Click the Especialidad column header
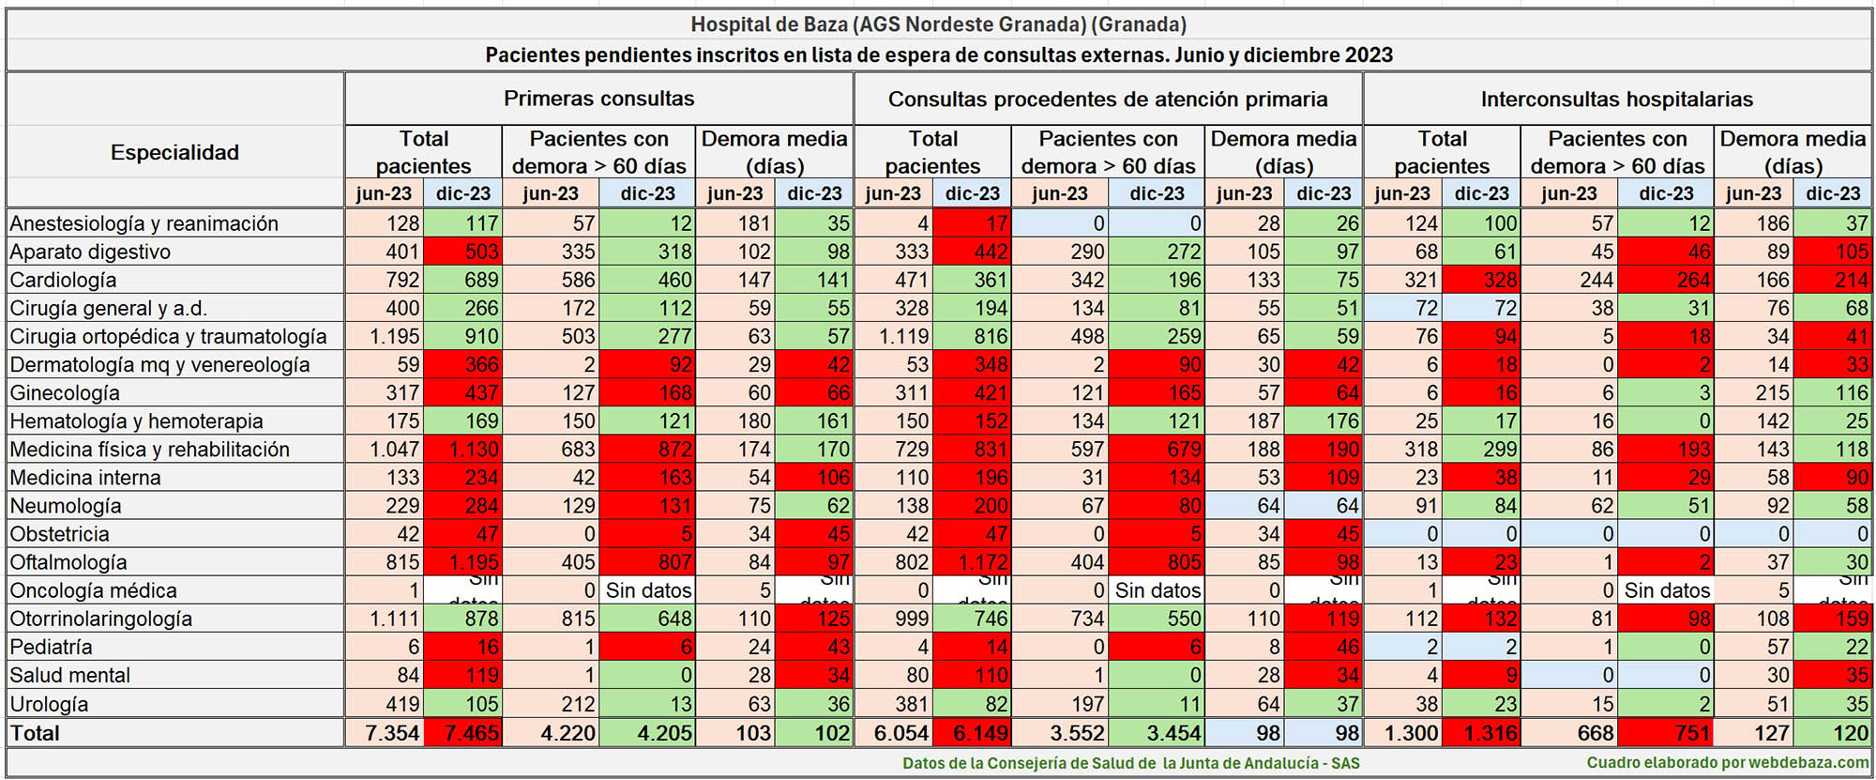tap(174, 152)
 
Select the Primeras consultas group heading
tap(598, 99)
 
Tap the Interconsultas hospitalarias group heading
tap(1616, 99)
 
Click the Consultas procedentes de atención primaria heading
tap(1107, 99)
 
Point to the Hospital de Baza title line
tap(938, 24)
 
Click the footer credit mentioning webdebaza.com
tap(1727, 763)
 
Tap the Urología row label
tap(49, 703)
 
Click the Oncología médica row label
tap(93, 590)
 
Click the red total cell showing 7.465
tap(463, 733)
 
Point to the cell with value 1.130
tap(463, 450)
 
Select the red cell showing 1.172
tap(973, 562)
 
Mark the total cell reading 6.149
tap(973, 733)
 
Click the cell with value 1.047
tap(385, 450)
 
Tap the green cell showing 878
tap(463, 619)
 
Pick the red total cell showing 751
tap(1667, 733)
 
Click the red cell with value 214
tap(1833, 280)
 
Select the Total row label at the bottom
tap(35, 733)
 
